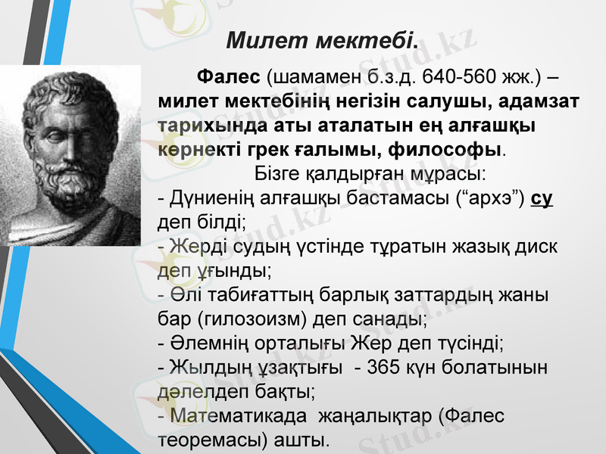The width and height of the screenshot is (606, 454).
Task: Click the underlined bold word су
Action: pos(542,199)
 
